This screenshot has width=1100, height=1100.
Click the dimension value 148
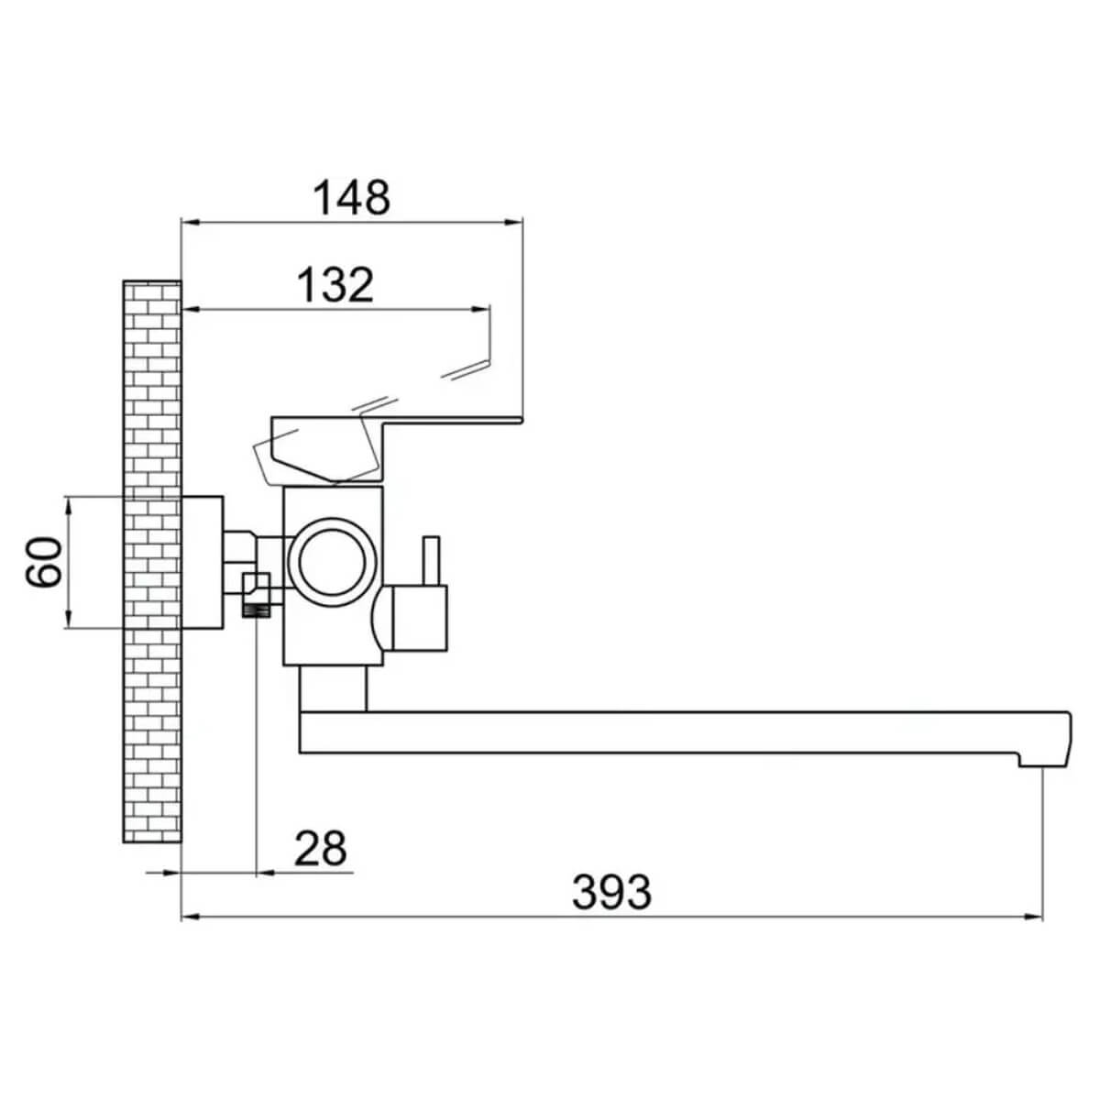tap(352, 197)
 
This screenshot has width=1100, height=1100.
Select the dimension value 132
tap(336, 285)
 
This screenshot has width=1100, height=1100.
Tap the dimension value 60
tap(43, 561)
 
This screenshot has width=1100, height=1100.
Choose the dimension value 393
tap(611, 892)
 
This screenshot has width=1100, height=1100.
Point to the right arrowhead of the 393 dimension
tap(1032, 917)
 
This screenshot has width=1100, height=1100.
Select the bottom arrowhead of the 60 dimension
tap(69, 618)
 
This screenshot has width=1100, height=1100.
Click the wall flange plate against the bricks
tap(202, 563)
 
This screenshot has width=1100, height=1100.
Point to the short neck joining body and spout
tap(334, 688)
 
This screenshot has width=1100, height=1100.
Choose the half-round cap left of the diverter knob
tap(380, 618)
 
